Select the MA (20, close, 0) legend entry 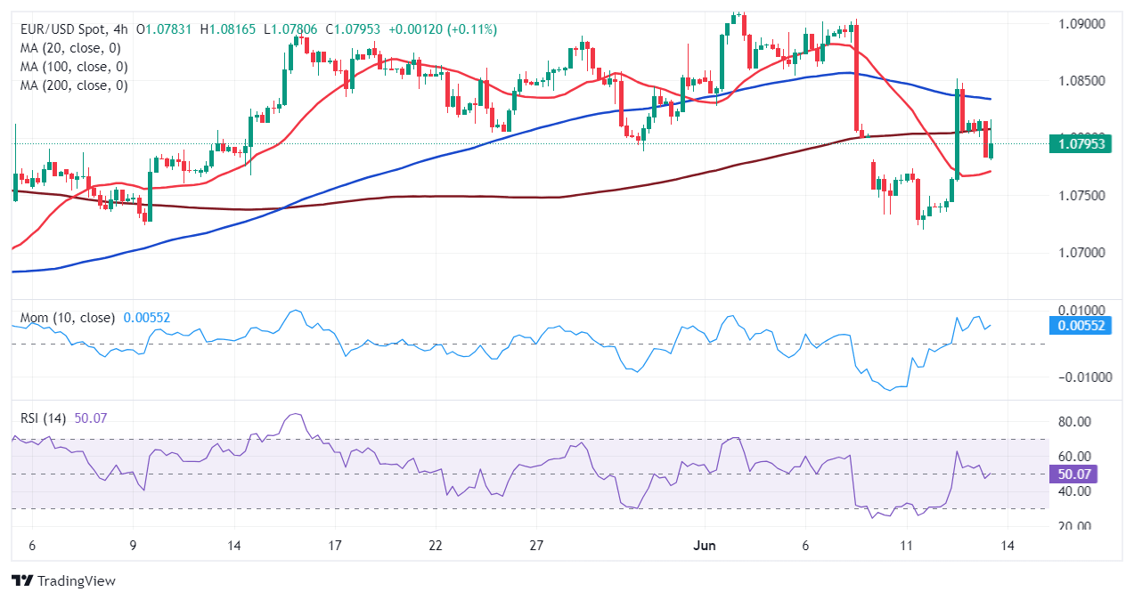point(70,48)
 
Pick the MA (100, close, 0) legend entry point(74,67)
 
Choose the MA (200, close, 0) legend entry point(74,85)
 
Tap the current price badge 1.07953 point(1081,143)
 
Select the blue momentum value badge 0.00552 point(1081,326)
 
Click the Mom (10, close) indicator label point(67,318)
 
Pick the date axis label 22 point(436,546)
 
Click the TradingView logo point(64,580)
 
